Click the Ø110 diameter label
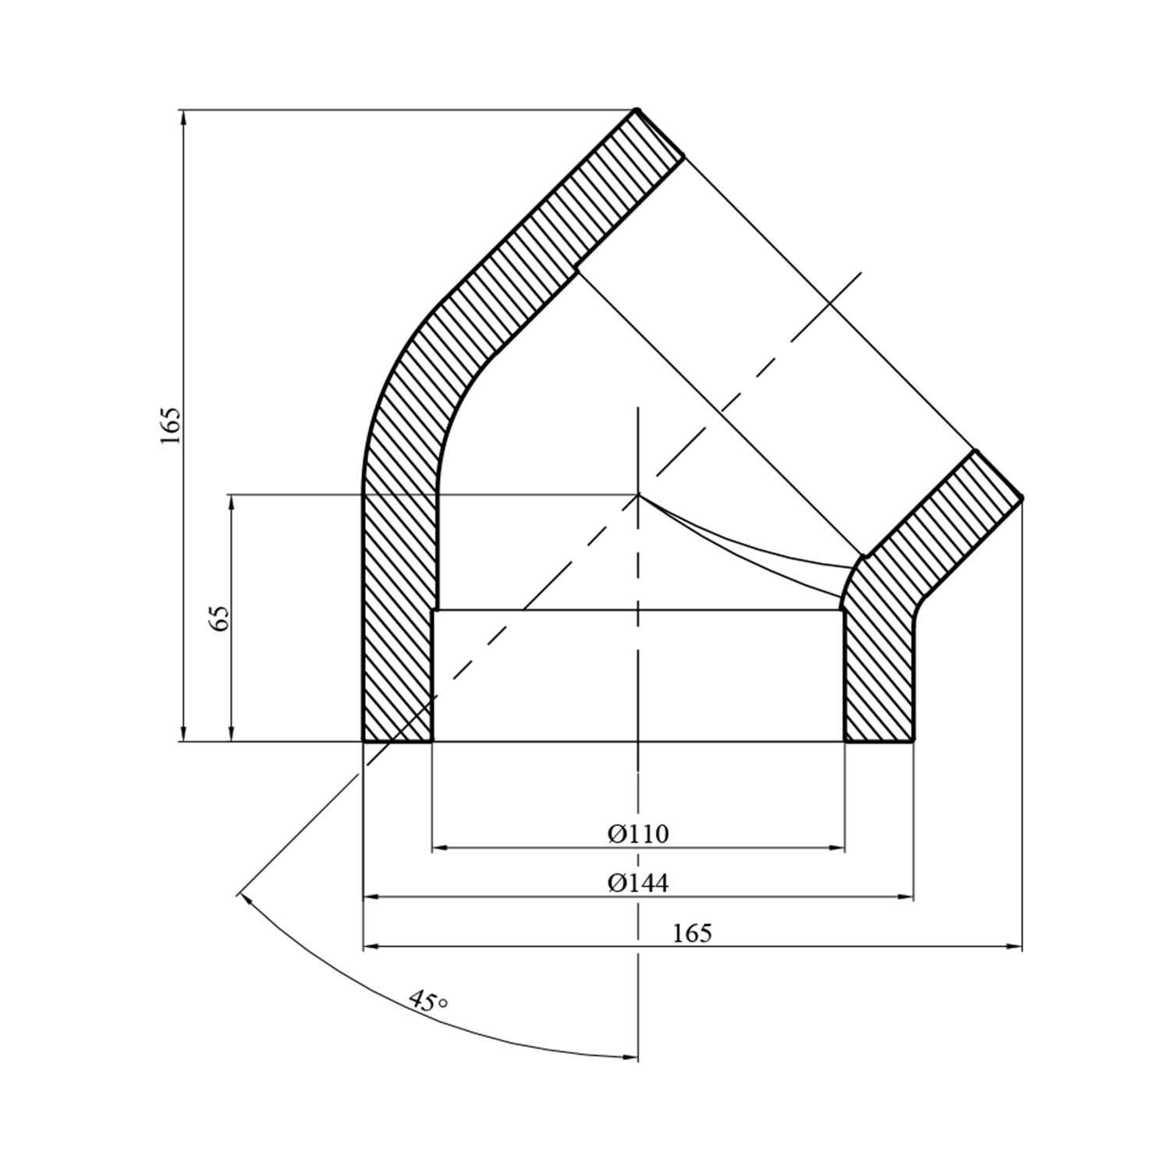click(639, 834)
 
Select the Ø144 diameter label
click(639, 883)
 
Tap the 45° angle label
click(428, 1001)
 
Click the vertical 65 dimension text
click(220, 619)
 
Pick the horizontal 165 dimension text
click(692, 933)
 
